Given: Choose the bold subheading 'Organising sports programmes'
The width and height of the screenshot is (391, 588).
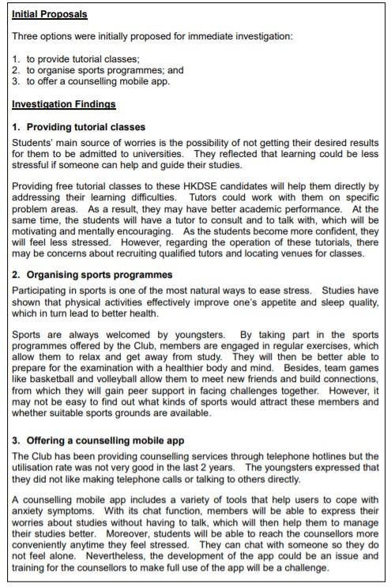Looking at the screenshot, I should click(93, 275).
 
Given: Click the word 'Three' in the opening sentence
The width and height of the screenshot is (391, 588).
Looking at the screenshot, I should click(25, 36).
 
